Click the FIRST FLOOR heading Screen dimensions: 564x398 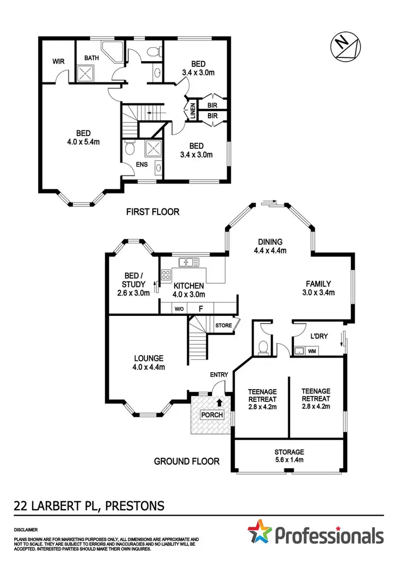(x=152, y=212)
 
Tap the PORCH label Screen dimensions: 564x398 (x=211, y=415)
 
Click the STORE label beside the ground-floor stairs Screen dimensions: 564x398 (x=222, y=325)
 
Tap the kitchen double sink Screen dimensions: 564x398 (x=186, y=261)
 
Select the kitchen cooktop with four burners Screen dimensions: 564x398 (x=166, y=275)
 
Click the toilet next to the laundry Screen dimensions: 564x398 (x=262, y=348)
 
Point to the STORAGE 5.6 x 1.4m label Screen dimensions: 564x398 (x=289, y=456)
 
